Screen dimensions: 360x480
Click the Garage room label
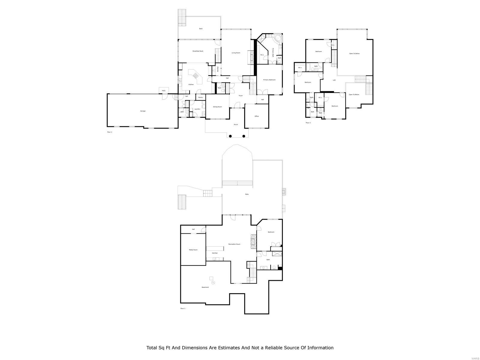(x=143, y=111)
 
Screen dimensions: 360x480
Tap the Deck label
(x=201, y=29)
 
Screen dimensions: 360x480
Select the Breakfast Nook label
(x=198, y=51)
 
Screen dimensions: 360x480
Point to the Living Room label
(x=236, y=53)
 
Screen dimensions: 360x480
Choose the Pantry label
(x=200, y=97)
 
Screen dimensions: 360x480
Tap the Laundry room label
(x=197, y=109)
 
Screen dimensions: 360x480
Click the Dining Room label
(x=217, y=107)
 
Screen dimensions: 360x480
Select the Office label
(x=256, y=116)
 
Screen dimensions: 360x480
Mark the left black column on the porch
(x=230, y=136)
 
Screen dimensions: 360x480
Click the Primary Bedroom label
(x=269, y=80)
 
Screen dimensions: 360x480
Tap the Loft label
(x=334, y=80)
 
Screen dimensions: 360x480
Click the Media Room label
(x=193, y=250)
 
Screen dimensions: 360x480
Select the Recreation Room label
(x=234, y=244)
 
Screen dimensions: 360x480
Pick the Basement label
(x=205, y=287)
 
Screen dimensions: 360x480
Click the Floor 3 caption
(x=308, y=123)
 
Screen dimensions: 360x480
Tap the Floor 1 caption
(x=183, y=308)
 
